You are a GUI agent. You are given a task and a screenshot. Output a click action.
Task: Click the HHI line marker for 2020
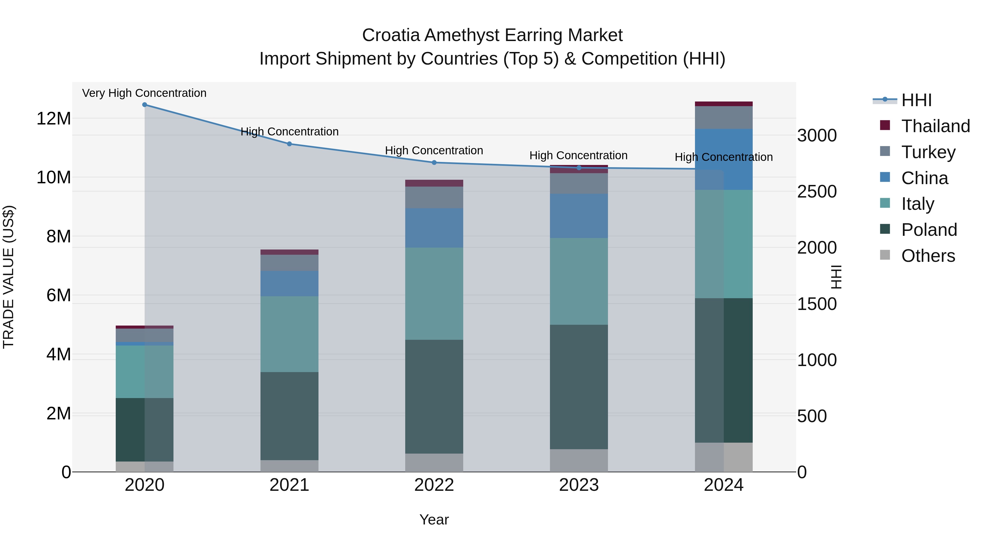tap(144, 105)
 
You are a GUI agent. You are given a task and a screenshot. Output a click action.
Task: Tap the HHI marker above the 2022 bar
tap(434, 163)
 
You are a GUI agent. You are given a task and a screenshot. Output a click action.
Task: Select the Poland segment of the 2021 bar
tap(289, 416)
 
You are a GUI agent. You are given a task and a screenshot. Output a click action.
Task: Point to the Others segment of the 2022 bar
tap(434, 463)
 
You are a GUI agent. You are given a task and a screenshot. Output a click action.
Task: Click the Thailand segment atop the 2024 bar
tap(723, 104)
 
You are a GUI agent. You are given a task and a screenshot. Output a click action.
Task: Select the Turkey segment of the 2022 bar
tap(434, 197)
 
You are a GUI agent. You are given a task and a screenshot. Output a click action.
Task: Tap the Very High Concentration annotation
tap(144, 93)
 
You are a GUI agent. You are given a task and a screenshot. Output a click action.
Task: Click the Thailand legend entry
tap(935, 126)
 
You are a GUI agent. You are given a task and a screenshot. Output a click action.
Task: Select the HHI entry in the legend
tap(916, 100)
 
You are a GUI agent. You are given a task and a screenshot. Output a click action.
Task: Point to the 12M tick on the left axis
tap(54, 118)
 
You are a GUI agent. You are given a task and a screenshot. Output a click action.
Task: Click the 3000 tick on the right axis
tap(817, 135)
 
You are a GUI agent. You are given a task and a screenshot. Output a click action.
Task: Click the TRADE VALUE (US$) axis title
tap(8, 277)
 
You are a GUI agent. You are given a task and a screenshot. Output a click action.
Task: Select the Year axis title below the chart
tap(434, 520)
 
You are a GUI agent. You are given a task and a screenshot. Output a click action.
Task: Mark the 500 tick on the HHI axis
tap(812, 416)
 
